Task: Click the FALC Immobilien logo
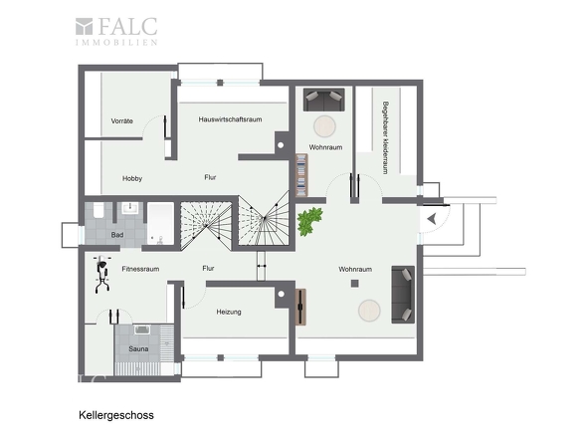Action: click(116, 32)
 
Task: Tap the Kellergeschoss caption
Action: click(116, 415)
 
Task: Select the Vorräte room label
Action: click(122, 121)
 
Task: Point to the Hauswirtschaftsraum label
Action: click(230, 119)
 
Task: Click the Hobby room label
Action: click(132, 179)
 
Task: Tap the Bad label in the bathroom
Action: click(117, 235)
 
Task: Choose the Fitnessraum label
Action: click(140, 269)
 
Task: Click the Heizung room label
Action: click(229, 312)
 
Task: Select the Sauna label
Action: click(138, 348)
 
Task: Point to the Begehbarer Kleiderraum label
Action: click(385, 137)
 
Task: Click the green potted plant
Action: click(310, 221)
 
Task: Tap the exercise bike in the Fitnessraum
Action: click(102, 274)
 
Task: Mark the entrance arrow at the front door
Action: click(432, 219)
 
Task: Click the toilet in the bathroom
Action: click(98, 210)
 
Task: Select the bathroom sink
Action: click(130, 208)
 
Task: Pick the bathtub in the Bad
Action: click(160, 224)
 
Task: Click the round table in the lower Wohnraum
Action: click(369, 311)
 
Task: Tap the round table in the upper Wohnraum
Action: click(324, 126)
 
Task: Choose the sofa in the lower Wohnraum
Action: click(403, 295)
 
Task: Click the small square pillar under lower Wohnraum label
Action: click(354, 284)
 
